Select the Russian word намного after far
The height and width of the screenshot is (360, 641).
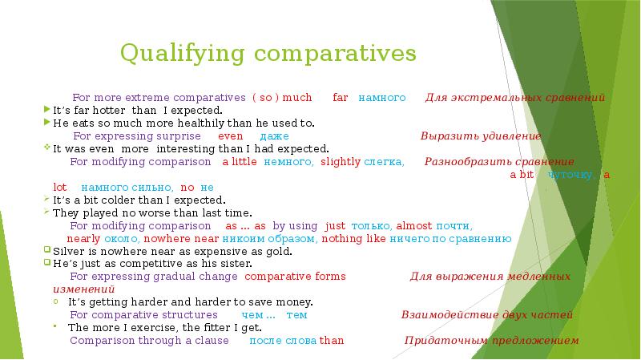click(381, 98)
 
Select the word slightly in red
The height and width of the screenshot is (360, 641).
click(341, 162)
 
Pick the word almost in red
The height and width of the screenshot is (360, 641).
click(414, 225)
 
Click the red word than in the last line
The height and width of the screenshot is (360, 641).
click(332, 341)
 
